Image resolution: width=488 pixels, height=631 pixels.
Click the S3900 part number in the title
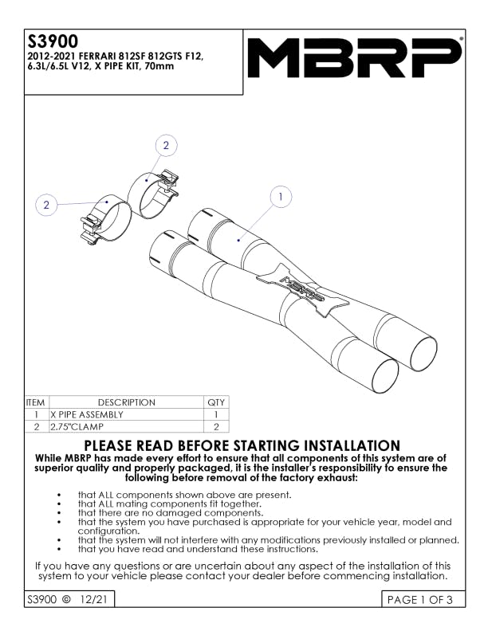[x=53, y=41]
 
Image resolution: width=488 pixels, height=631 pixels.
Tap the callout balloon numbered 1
[x=281, y=196]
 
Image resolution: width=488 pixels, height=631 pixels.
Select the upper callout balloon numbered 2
[x=166, y=145]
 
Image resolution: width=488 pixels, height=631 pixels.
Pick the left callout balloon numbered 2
[x=46, y=205]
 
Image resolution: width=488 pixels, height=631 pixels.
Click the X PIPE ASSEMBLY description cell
[x=87, y=414]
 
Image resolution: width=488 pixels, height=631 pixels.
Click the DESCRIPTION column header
[x=126, y=402]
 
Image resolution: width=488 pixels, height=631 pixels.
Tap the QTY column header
[x=216, y=402]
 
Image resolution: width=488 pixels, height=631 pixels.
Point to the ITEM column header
[x=37, y=402]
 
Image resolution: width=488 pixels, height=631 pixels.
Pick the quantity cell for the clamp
[x=216, y=427]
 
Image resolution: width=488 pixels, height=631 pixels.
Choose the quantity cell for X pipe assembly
[x=216, y=414]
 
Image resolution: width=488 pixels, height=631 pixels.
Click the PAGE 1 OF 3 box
[x=419, y=600]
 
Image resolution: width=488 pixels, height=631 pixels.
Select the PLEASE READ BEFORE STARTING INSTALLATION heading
[x=242, y=446]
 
